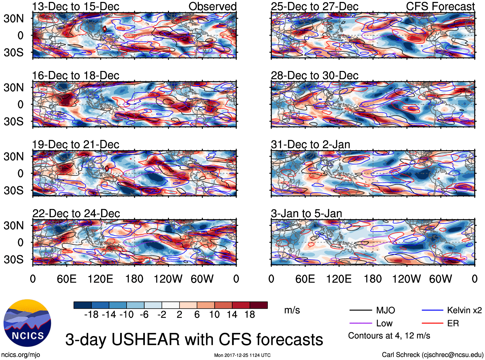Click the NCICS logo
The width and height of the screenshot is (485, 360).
pos(27,323)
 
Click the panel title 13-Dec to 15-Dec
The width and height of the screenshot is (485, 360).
pos(76,6)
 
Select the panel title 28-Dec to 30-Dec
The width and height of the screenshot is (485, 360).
pos(314,75)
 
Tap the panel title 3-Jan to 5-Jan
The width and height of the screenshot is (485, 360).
pos(306,214)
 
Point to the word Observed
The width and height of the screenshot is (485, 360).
pos(212,6)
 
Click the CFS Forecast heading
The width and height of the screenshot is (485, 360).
pos(440,6)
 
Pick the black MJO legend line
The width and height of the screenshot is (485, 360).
pos(361,310)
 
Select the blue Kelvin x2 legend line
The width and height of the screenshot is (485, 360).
pos(432,310)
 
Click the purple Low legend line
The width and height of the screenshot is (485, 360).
pos(361,323)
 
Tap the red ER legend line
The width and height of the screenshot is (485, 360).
pos(432,323)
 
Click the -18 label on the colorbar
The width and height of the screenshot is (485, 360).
pos(92,315)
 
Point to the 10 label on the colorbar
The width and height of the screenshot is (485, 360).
pos(215,315)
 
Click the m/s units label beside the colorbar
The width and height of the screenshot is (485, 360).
pos(292,310)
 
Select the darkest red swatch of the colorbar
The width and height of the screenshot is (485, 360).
pos(259,305)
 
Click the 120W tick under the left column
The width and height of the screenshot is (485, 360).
pos(168,279)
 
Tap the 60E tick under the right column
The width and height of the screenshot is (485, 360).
pos(305,279)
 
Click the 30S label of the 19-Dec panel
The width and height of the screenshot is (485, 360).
pos(13,190)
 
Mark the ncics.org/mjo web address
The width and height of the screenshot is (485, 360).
pos(21,355)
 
